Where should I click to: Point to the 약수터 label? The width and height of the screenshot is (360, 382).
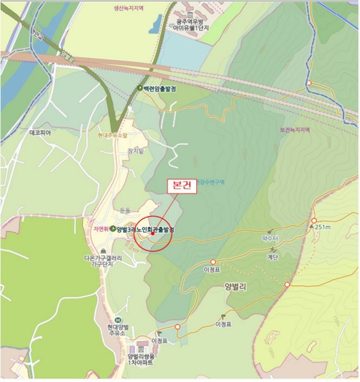click(x=270, y=239)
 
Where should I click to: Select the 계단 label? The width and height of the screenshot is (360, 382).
click(x=274, y=256)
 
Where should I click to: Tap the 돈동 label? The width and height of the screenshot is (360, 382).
click(x=125, y=210)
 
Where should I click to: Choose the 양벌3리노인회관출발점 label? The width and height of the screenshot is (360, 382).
click(x=145, y=230)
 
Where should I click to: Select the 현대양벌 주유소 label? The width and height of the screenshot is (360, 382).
click(x=117, y=329)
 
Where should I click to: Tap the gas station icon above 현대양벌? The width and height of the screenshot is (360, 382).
click(x=117, y=320)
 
